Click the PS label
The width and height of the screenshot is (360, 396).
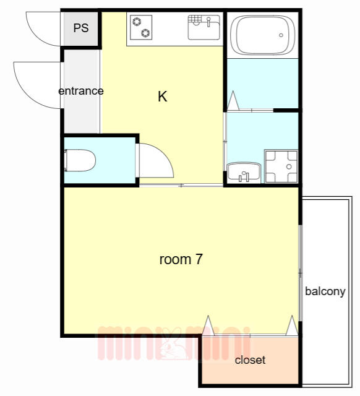[81, 28]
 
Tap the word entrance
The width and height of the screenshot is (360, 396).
[81, 91]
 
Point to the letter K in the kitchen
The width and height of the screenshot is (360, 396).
[163, 97]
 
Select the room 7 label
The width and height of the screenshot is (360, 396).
[181, 259]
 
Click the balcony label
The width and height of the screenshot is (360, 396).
[325, 291]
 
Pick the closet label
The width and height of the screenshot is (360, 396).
[250, 360]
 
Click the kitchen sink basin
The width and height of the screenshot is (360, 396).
[204, 27]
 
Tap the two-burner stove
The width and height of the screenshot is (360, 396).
[141, 27]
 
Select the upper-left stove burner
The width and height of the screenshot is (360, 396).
[137, 22]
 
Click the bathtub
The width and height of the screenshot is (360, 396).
[262, 35]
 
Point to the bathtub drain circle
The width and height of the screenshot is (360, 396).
[281, 35]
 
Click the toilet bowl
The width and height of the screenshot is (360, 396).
[80, 160]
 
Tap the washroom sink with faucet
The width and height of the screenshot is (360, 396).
[244, 173]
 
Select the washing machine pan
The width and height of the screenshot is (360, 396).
[281, 166]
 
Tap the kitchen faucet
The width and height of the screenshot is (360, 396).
[208, 22]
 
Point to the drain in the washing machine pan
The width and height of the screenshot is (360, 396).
[289, 166]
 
